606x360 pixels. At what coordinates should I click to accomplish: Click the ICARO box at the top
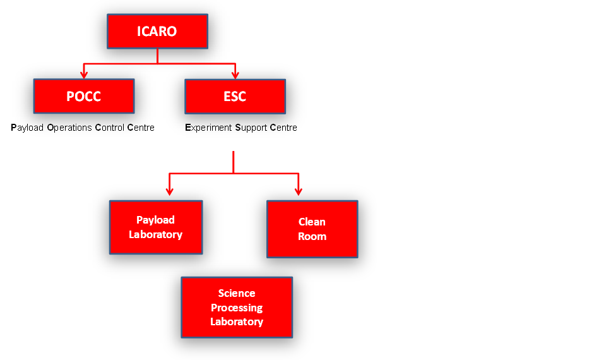coord(157,32)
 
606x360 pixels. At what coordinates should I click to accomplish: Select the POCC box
coord(84,96)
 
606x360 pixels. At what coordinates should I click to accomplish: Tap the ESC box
coord(235,96)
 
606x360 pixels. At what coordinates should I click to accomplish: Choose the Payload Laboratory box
coord(156,227)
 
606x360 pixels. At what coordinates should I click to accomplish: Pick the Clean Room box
coord(312,229)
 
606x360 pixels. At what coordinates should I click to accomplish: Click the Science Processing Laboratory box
coord(237,308)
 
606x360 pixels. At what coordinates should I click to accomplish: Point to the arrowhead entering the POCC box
coord(84,75)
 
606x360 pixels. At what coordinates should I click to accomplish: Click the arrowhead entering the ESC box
coord(235,75)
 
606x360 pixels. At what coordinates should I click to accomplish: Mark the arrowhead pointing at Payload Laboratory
coord(169,191)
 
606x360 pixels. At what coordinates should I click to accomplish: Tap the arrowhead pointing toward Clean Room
coord(299,191)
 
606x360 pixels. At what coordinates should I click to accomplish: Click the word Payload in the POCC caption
coord(27,128)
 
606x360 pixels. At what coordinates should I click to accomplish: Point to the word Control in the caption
coord(110,128)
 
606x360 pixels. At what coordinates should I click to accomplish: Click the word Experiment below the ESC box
coord(208,128)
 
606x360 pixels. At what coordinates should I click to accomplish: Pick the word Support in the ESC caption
coord(251,128)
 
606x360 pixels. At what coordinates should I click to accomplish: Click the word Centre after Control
coord(141,128)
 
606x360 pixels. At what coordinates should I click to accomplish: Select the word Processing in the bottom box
coord(237,308)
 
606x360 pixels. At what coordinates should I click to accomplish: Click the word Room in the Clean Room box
coord(312,236)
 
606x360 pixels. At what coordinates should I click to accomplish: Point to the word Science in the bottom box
coord(237,293)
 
